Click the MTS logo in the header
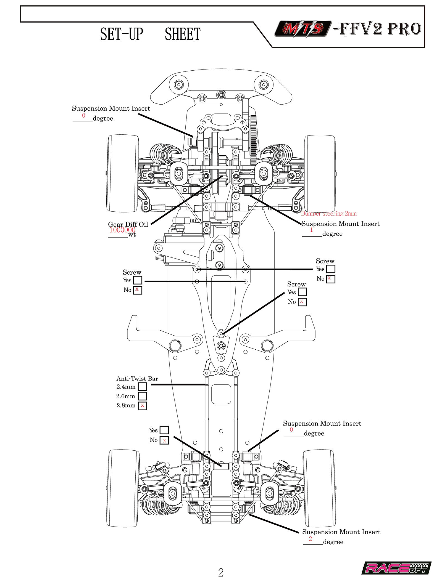point(303,28)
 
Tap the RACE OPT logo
point(396,568)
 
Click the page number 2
point(221,572)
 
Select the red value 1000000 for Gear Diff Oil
point(122,230)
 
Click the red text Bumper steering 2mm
point(329,213)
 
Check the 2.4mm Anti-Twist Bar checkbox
point(142,387)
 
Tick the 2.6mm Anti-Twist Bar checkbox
point(142,396)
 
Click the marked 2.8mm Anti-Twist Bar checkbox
point(142,406)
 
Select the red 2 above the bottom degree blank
point(310,539)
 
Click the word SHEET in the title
point(182,34)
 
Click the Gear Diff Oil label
point(128,224)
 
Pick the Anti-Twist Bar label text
point(137,378)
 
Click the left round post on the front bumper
point(178,84)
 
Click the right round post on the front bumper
point(264,84)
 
